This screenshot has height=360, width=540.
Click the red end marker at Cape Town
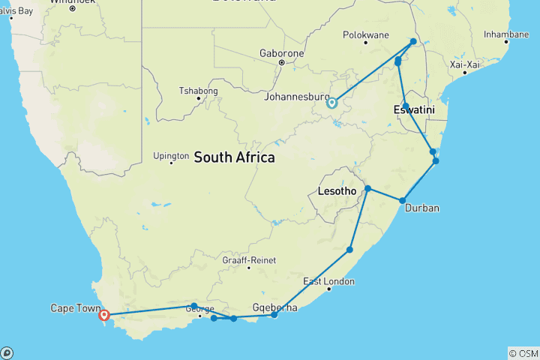(104, 316)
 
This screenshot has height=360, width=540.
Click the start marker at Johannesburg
(331, 103)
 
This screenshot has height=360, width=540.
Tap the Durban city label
(421, 208)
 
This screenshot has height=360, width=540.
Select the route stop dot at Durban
(403, 200)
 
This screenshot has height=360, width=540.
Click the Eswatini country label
(414, 110)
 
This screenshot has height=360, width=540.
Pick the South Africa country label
(234, 157)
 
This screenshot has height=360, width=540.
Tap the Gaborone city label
(281, 54)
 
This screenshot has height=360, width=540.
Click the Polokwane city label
(365, 34)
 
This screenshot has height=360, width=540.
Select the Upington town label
(171, 156)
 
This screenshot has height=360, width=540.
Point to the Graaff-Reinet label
(249, 260)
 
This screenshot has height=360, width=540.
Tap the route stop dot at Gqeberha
(274, 315)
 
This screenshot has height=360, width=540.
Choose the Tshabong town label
(198, 91)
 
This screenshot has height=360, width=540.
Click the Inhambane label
(505, 34)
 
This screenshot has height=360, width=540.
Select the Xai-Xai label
(463, 64)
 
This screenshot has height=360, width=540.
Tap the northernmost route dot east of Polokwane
(413, 41)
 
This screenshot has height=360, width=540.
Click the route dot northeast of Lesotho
(368, 188)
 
